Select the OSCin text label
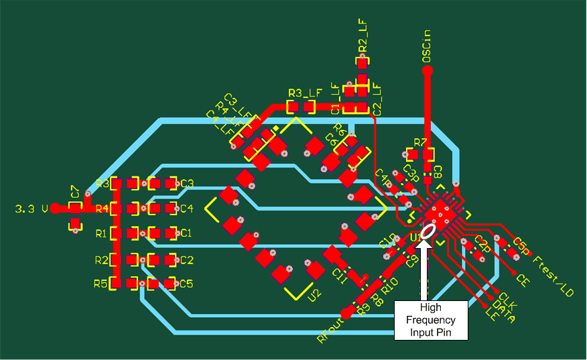click(426, 47)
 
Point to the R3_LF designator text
click(305, 93)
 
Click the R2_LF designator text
click(363, 36)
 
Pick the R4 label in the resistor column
click(102, 208)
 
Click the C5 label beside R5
click(187, 284)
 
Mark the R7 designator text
click(420, 142)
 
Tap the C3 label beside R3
click(187, 183)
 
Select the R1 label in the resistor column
click(102, 234)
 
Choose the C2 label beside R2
click(187, 259)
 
